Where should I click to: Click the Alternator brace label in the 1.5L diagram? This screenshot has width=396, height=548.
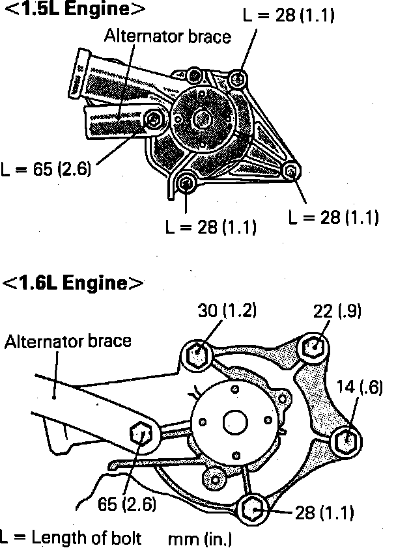point(167,37)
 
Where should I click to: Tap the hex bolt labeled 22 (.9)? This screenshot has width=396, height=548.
point(313,347)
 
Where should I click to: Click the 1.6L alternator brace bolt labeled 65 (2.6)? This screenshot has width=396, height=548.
point(142,433)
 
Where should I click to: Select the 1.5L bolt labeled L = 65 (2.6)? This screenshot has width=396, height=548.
point(154,119)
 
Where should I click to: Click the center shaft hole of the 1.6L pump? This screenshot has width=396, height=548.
point(233,420)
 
